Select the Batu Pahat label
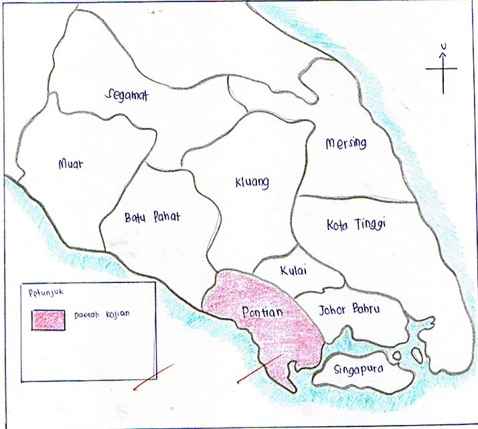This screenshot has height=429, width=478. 153,217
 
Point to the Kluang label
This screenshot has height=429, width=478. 252,181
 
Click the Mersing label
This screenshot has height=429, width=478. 346,143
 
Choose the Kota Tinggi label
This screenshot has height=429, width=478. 357,224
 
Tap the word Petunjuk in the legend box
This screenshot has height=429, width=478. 39,292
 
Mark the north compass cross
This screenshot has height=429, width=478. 442,70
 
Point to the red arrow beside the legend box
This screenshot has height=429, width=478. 153,375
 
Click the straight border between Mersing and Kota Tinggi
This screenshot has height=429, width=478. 355,198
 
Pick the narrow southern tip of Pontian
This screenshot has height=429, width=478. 288,385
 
